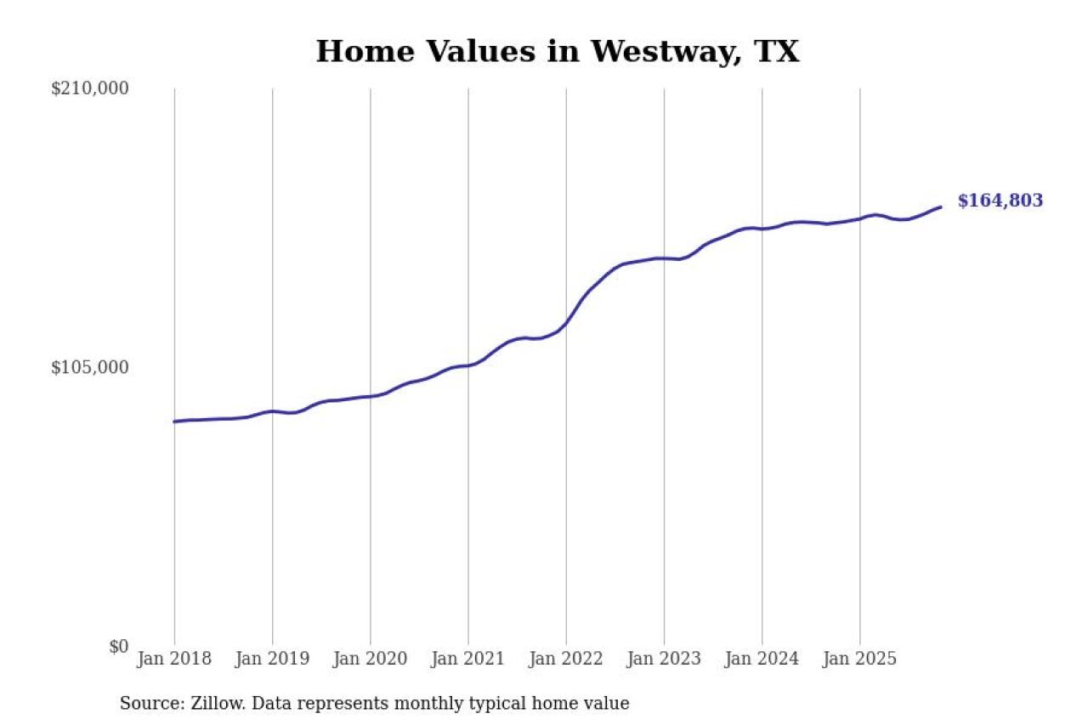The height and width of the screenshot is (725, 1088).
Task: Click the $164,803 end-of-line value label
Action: (x=1000, y=201)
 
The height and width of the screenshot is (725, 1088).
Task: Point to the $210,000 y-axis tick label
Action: (x=89, y=88)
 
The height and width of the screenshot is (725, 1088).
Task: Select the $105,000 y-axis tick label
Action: (x=89, y=367)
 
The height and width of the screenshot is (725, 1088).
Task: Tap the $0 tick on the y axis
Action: (x=118, y=646)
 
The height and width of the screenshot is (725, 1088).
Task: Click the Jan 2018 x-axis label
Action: (x=174, y=660)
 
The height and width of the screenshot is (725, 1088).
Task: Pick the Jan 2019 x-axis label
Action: (x=272, y=660)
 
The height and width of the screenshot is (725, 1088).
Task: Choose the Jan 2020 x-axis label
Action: (x=370, y=660)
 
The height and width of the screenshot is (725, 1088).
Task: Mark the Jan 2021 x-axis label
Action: (x=467, y=660)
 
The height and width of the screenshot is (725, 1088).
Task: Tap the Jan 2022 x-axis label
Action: (x=566, y=660)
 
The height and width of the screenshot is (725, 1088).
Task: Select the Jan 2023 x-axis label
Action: (x=664, y=660)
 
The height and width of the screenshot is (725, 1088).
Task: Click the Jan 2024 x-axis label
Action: (x=762, y=660)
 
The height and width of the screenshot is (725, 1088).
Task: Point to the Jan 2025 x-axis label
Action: (x=859, y=660)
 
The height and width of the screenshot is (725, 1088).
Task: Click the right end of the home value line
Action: (x=940, y=207)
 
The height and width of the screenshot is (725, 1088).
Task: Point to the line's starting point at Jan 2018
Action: (x=174, y=422)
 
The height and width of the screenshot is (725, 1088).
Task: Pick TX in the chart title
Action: (x=776, y=52)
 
